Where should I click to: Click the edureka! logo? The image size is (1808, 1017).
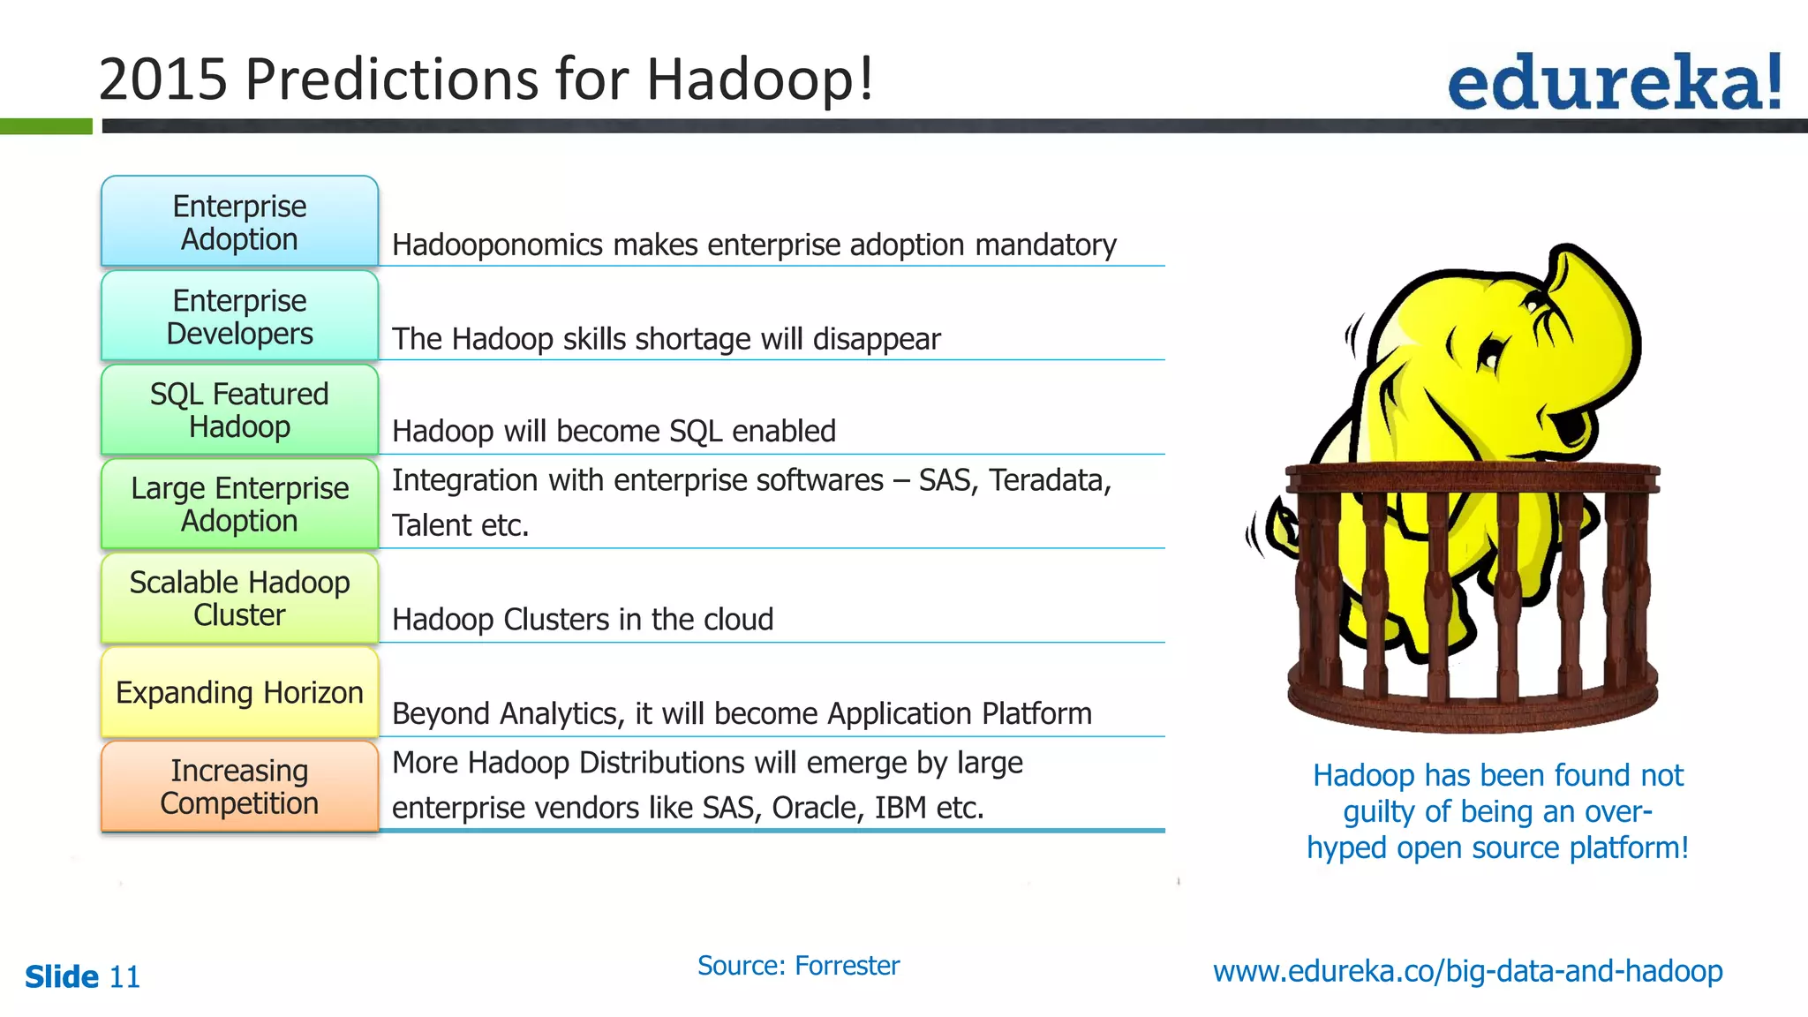(x=1614, y=82)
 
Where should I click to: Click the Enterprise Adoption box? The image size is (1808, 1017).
(x=239, y=222)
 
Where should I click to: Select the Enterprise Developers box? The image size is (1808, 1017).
(x=239, y=316)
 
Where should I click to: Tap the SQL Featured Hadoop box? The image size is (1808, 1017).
(x=239, y=410)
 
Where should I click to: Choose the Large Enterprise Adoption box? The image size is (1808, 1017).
(x=239, y=504)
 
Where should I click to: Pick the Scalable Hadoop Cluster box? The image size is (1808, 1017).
(x=239, y=599)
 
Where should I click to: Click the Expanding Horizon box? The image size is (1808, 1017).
(x=239, y=692)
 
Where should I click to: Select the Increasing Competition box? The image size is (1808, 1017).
(x=239, y=787)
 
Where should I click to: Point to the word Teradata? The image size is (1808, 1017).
(x=1049, y=480)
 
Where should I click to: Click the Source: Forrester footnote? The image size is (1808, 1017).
(x=798, y=966)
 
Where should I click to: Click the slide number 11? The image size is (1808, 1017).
(x=124, y=977)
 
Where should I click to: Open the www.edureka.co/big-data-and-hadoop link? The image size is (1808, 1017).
(x=1467, y=971)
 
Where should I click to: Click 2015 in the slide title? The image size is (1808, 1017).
(x=163, y=79)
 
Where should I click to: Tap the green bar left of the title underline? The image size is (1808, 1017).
(x=46, y=126)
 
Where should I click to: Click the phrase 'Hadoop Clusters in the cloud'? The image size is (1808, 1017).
(x=583, y=620)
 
